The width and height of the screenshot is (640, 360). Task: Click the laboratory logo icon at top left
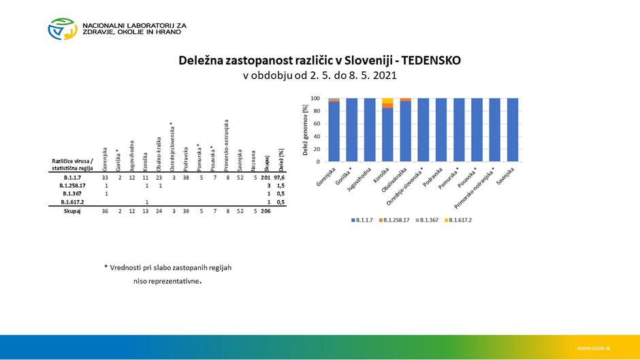coord(62,29)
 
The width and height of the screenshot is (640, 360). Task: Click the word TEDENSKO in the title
coord(426,61)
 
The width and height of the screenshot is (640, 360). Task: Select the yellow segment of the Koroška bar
coord(387,101)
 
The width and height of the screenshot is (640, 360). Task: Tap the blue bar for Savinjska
coord(512,129)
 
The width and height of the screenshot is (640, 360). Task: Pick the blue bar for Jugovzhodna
coord(369,129)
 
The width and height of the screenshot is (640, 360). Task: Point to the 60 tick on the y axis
coord(315,124)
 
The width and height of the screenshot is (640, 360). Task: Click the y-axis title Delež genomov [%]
coord(306,129)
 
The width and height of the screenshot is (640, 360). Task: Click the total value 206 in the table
coord(266,212)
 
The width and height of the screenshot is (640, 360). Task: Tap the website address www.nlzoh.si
coord(592,348)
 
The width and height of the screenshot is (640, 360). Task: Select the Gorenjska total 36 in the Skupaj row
coord(106,212)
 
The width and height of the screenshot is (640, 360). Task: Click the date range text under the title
coord(319,76)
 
